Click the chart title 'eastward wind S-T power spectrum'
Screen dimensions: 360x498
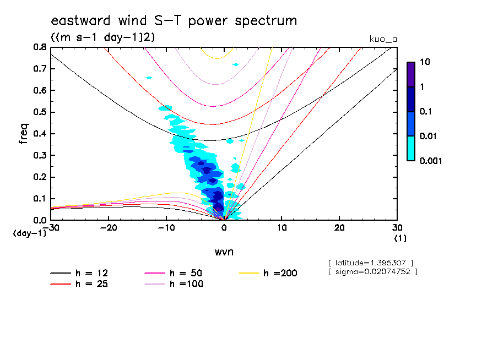coord(174,21)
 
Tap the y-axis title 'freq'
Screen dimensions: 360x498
coord(23,133)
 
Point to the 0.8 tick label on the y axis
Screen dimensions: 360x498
coord(40,47)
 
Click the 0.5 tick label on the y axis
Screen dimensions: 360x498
coord(40,112)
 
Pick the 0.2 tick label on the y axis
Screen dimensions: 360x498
coord(40,177)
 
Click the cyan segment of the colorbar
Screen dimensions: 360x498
coord(410,148)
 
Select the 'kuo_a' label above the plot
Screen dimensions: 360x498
coord(383,39)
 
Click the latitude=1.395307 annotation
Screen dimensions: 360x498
coord(370,262)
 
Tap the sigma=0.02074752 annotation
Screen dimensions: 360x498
coord(372,271)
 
